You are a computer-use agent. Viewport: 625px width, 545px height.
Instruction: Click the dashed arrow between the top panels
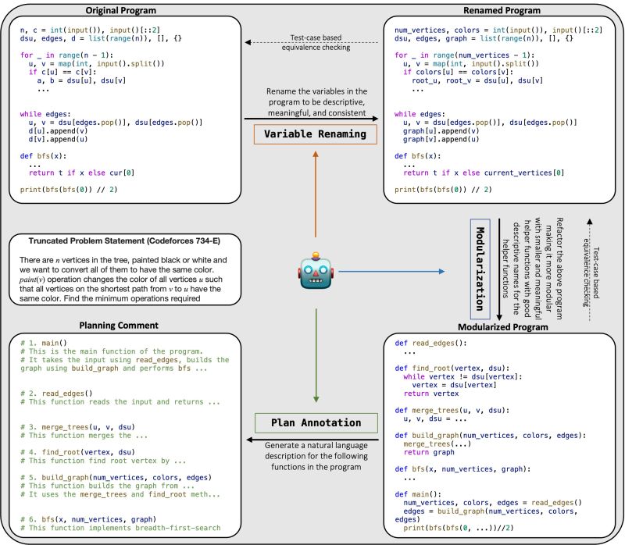(312, 43)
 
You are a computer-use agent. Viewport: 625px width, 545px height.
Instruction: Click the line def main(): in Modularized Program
(418, 492)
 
